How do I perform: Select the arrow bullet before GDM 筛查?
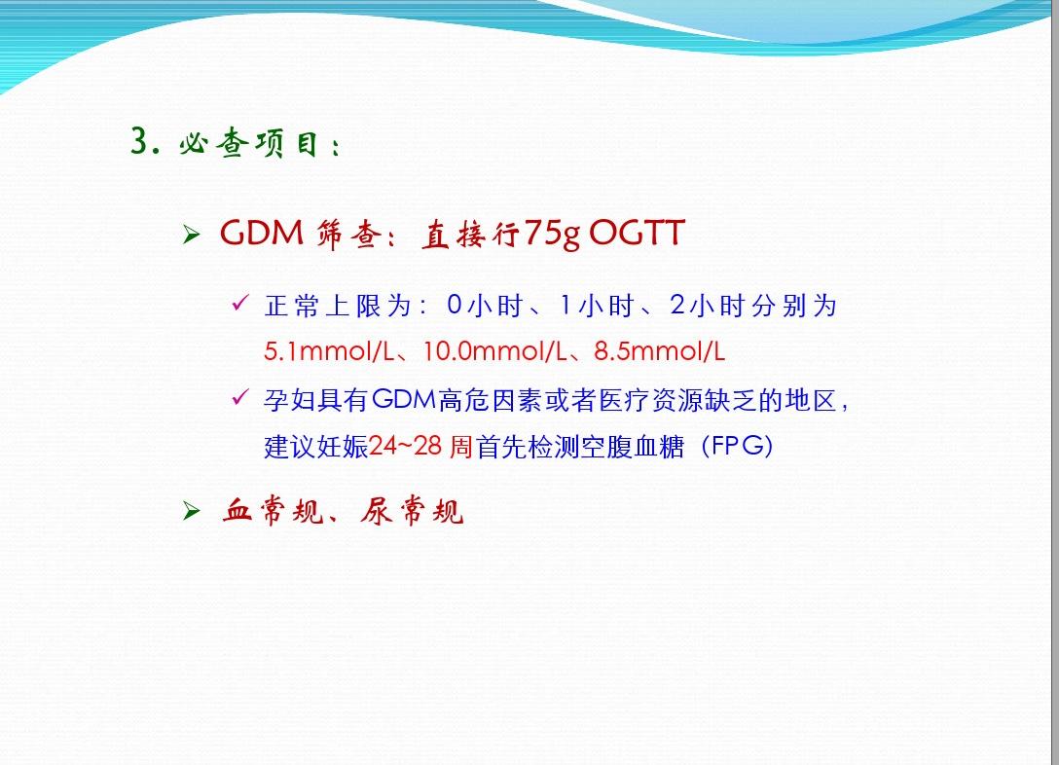pos(192,237)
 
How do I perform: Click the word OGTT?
pos(638,235)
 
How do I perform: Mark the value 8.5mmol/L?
pos(659,351)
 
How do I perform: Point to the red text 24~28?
pos(406,447)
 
